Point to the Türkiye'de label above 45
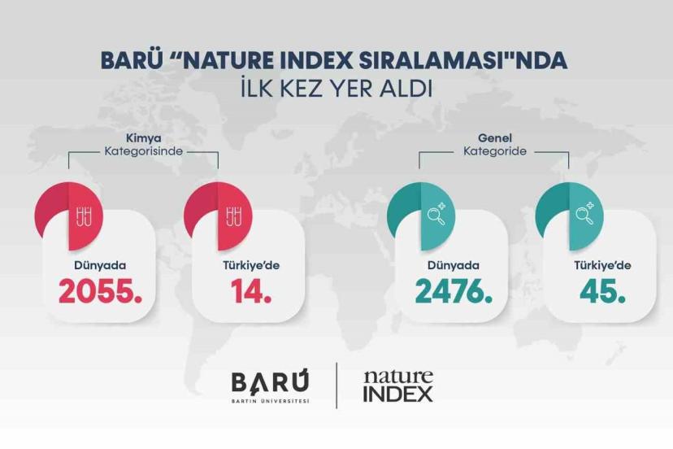pos(600,265)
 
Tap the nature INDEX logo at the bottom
pos(398,385)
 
